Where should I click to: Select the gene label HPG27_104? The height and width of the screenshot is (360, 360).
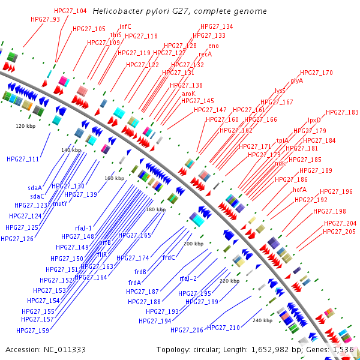70,11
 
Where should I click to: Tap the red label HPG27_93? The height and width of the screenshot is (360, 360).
45,19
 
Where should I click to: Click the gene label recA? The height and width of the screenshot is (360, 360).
205,54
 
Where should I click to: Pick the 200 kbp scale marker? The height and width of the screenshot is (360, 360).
193,244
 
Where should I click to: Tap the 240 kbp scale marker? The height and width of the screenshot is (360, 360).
262,320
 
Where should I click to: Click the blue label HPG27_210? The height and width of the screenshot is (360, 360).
223,328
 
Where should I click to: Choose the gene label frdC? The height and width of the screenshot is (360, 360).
169,257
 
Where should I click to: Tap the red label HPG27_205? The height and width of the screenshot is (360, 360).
340,232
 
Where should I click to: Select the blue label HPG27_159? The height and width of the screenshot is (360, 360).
33,331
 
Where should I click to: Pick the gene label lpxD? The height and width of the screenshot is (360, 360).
314,120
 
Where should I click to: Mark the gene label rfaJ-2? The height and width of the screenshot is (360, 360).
188,278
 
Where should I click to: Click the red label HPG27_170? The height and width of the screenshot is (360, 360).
316,73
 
